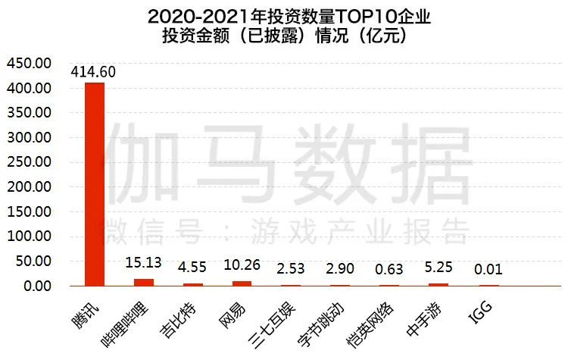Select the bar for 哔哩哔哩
click(144, 282)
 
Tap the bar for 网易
click(242, 283)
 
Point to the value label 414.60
click(94, 72)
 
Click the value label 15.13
click(143, 263)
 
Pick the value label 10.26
click(242, 266)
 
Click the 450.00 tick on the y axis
click(29, 63)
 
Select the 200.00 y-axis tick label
click(29, 187)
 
